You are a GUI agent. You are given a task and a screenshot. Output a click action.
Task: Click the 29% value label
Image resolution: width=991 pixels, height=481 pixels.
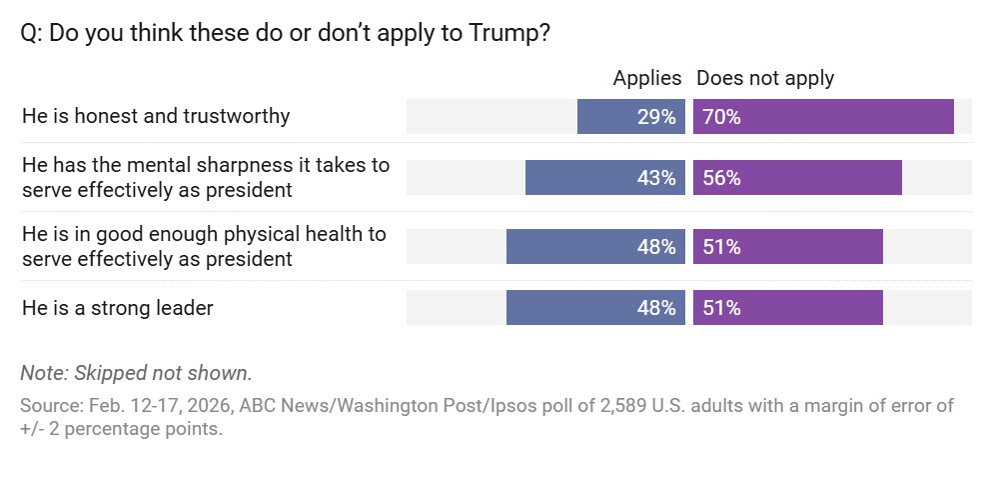[x=656, y=117]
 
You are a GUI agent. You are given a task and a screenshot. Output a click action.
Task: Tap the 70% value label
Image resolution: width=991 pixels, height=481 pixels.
[x=721, y=117]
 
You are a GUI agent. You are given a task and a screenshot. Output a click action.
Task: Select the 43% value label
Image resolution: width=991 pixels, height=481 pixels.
[x=656, y=178]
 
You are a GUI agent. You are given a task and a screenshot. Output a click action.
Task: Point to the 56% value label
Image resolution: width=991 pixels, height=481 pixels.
[x=721, y=178]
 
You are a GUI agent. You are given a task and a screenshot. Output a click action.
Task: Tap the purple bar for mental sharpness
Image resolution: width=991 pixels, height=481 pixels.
[x=819, y=178]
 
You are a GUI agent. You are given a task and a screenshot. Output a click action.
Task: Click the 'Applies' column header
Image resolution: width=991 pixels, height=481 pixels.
[x=647, y=78]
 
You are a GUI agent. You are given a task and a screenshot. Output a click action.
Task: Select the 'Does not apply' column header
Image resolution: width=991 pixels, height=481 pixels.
[x=765, y=78]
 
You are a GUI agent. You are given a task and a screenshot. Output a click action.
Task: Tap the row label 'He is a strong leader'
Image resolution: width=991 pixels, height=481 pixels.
[x=118, y=308]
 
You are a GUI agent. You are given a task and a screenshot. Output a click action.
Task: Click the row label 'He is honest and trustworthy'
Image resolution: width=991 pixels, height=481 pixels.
[x=156, y=116]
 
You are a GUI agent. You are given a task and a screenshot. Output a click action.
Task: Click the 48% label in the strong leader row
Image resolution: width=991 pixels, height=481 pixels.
[x=656, y=308]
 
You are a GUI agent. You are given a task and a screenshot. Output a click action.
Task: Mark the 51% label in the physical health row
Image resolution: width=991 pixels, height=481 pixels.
[x=721, y=247]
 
